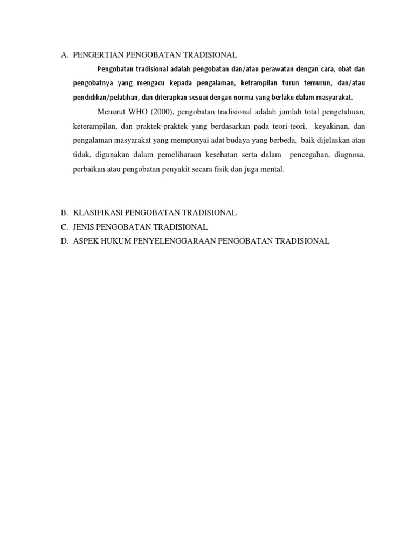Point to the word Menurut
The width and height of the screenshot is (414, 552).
[x=111, y=112]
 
